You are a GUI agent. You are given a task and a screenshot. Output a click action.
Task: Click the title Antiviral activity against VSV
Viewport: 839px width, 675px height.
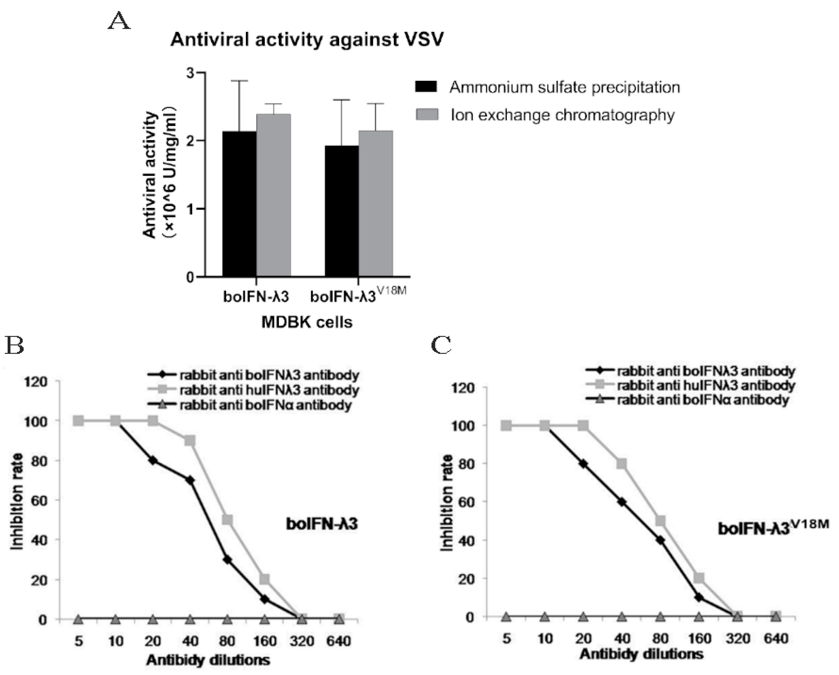307,40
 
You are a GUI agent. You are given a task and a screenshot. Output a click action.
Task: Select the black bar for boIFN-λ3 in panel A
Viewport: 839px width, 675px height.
239,204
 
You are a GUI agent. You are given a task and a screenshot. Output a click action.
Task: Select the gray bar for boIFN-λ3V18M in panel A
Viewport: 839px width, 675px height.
375,204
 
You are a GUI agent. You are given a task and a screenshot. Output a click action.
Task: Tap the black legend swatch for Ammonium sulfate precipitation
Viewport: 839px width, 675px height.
426,87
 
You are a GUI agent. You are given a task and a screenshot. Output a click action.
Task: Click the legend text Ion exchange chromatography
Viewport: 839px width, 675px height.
562,115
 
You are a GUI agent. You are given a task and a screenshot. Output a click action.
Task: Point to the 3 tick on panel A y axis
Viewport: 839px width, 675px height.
190,73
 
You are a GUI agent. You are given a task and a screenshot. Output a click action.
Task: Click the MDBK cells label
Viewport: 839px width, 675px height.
307,322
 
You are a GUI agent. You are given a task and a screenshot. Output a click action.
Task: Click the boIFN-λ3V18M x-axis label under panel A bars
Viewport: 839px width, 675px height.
358,296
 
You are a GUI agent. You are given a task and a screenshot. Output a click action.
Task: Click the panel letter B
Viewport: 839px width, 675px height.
15,345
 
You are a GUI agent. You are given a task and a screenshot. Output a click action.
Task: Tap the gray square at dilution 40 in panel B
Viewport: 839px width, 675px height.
190,440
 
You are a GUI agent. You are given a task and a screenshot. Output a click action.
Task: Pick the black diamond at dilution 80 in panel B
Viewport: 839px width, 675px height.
227,560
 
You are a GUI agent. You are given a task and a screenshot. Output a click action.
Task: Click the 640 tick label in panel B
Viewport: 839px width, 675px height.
338,641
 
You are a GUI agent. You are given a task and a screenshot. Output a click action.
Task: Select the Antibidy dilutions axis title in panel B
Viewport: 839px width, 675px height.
208,660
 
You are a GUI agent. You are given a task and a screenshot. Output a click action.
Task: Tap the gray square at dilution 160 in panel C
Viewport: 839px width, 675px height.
699,578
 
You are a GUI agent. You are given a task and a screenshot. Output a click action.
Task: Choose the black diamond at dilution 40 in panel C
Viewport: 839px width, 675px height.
622,502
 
